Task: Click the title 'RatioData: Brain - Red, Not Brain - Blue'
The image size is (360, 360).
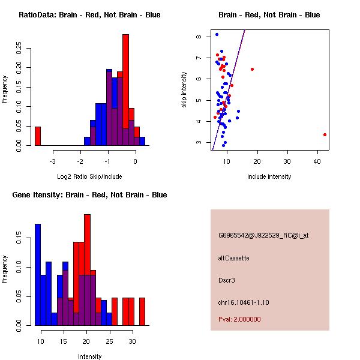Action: (x=89, y=15)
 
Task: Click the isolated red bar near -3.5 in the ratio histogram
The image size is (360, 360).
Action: (x=38, y=136)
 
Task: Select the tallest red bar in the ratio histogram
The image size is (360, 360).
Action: (x=125, y=90)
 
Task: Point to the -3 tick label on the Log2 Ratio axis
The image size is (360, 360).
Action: (x=53, y=161)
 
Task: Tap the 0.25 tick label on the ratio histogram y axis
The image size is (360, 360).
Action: (x=19, y=47)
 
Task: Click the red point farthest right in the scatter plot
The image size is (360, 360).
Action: (x=325, y=134)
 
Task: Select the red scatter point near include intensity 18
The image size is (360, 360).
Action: (x=252, y=69)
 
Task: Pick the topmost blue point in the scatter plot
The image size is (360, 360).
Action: (x=217, y=34)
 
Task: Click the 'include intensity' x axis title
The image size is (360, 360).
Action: (x=269, y=176)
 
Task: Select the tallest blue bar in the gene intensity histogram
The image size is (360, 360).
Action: (x=38, y=275)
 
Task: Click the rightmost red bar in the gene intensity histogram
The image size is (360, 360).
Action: (x=142, y=311)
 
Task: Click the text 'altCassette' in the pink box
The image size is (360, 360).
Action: (x=234, y=258)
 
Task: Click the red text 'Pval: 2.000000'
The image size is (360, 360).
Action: (x=240, y=319)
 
